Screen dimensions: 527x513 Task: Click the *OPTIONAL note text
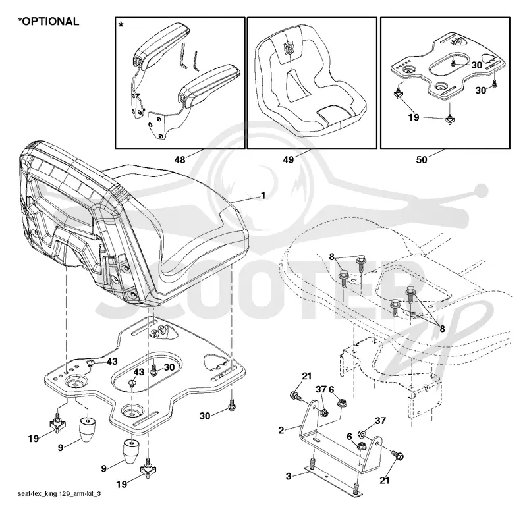click(x=49, y=22)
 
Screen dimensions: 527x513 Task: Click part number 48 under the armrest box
click(x=180, y=160)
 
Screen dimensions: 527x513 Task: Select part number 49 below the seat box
click(x=288, y=160)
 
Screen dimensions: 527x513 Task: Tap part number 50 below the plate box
click(x=422, y=160)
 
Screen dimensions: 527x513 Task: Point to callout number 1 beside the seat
click(x=263, y=195)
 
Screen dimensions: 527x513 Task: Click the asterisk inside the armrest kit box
click(x=121, y=25)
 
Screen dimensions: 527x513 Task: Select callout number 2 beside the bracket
click(x=281, y=430)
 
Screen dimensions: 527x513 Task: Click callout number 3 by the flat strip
click(x=289, y=476)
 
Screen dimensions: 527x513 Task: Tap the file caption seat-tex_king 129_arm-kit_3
click(x=59, y=493)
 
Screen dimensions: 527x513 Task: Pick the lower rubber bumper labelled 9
click(x=130, y=451)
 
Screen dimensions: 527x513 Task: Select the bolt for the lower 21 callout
click(x=398, y=455)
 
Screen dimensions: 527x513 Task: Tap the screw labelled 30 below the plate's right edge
click(x=232, y=406)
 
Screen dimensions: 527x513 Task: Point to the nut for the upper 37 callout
click(x=325, y=412)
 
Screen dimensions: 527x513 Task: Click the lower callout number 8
click(x=442, y=329)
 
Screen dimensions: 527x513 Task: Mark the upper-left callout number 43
click(x=112, y=362)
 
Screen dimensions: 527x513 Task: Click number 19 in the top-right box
click(x=414, y=117)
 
